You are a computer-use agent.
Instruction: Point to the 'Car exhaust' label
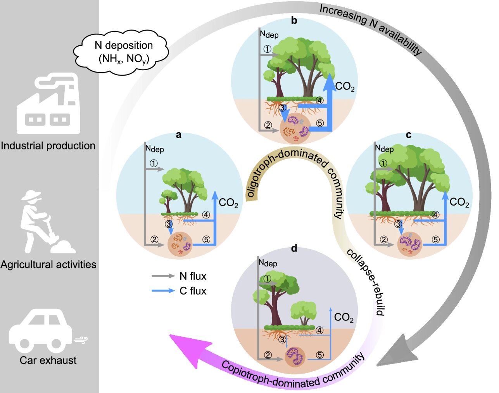point(48,360)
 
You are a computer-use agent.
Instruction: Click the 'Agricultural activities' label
point(48,265)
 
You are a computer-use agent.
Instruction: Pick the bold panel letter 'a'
point(178,135)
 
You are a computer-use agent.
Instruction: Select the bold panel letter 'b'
point(294,21)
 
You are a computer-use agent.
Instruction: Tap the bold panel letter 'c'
point(408,135)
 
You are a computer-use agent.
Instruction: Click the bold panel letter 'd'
point(294,248)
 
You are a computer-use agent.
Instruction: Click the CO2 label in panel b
point(345,87)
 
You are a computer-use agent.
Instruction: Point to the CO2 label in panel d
point(344,318)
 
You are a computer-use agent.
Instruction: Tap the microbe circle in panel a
point(180,244)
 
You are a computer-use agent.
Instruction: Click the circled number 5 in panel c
point(436,239)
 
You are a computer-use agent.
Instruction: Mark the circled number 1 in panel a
point(154,163)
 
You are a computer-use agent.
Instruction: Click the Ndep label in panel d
point(268,263)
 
